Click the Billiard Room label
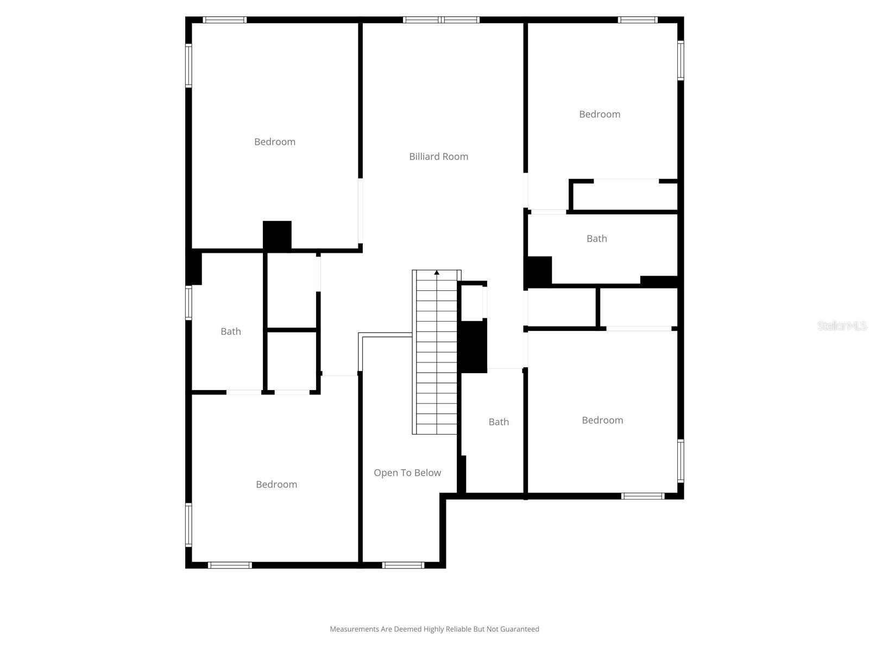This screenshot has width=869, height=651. [438, 157]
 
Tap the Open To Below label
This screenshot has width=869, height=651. [407, 473]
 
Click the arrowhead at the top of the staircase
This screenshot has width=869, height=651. [437, 273]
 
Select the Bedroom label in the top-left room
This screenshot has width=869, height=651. [275, 142]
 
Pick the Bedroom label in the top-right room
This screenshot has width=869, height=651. [599, 114]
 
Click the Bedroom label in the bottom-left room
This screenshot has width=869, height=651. [276, 484]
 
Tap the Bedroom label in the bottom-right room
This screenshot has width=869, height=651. [602, 420]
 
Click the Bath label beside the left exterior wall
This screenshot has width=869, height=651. [231, 331]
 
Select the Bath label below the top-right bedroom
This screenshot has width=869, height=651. [596, 239]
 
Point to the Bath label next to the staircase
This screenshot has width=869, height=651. [499, 422]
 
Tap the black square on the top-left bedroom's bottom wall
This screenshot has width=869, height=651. [277, 235]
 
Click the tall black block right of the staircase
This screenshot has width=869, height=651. [474, 347]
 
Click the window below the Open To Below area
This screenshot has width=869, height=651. [403, 565]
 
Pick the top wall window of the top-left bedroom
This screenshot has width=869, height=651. [225, 20]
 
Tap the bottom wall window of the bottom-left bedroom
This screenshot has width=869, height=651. [230, 565]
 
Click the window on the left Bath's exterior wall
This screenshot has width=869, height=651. [188, 303]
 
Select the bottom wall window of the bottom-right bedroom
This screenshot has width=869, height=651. [643, 496]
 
